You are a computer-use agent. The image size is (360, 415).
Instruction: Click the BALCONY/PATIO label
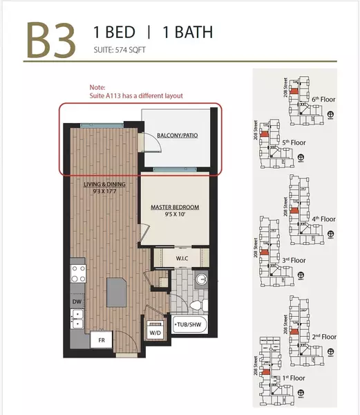tap(179, 136)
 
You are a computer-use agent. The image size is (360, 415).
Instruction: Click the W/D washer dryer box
tap(154, 330)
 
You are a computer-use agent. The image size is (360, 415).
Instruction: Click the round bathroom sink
tap(200, 281)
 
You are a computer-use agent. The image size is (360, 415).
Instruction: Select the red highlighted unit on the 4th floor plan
tap(295, 209)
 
